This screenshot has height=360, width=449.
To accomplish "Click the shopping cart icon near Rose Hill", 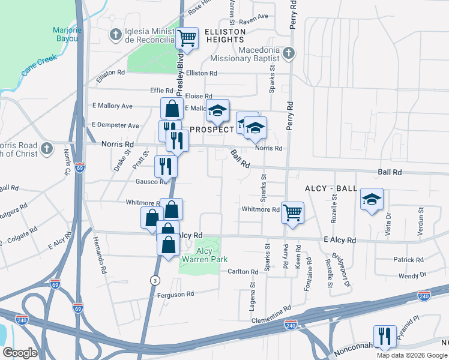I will pos(187,38).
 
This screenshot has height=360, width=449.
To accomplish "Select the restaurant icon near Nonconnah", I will pos(384,336).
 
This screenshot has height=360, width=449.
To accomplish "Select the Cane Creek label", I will pos(39,65).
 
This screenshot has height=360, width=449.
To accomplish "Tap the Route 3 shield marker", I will pos(155,280).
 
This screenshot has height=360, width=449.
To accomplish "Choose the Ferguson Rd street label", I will pos(173,294).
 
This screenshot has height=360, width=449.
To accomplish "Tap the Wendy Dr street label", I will pos(412,275).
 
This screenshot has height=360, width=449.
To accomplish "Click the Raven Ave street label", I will pos(253,17).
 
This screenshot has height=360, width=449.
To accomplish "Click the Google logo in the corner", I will pos(20,353).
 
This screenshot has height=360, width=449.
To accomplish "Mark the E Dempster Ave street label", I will pos(115,125).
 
